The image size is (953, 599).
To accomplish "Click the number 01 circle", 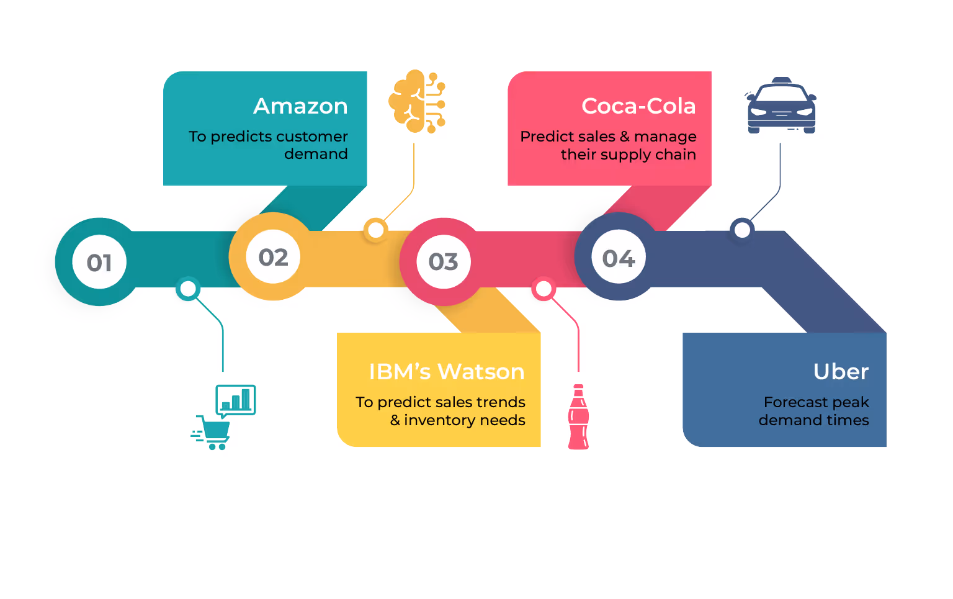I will pos(99,263).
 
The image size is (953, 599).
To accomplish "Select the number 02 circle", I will pos(274,257).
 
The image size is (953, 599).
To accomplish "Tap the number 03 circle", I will pos(444,262).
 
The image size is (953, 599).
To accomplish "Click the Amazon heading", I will pos(300,106).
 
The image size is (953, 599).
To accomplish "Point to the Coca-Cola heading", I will pos(638,106).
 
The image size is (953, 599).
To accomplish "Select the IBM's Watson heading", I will pos(446,372).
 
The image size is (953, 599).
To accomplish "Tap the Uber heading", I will pos(841,372).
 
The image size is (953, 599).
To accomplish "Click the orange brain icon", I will pos(416,101).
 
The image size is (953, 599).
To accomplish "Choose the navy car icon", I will pos(781,106).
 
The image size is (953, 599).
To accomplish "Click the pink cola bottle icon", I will pos(578,417).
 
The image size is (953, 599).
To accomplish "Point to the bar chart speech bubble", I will pos(236,400).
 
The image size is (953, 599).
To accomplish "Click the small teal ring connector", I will pos(188,289).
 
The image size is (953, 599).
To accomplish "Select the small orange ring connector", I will pos(375,230).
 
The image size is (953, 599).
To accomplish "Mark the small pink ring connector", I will pos(544,289).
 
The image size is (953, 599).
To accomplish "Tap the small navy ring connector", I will pos(741,230).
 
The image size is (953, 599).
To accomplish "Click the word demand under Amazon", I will pos(316,154).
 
